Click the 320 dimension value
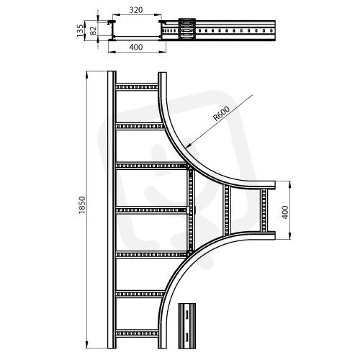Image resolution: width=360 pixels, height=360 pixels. pos(136,10)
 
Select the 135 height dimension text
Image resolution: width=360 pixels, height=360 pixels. pos(81,30)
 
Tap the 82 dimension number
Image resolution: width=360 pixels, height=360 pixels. pos(93,30)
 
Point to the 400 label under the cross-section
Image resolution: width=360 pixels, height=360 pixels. pos(136,47)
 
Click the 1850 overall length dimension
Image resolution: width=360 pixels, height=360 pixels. pos(82,205)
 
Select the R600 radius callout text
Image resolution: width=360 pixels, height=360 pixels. pos(222,113)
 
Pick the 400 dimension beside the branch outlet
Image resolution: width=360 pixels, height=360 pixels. pos(285,212)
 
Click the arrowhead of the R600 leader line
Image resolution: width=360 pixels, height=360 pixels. pos(188,145)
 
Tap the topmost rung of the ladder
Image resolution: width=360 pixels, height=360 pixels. pos(137,86)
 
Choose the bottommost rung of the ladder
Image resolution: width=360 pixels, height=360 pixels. pos(137,333)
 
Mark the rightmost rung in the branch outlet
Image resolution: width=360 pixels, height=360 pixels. pos(264,210)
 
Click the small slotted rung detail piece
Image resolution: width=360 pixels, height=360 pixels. pos(186,326)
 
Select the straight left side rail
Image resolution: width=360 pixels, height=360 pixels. pos(112,210)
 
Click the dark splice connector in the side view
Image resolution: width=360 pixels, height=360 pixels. pos(186,30)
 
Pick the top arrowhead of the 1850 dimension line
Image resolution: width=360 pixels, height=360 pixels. pos(87,75)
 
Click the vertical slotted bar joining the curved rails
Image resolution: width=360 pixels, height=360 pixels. pos(191,211)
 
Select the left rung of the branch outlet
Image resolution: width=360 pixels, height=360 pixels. pos(227,210)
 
